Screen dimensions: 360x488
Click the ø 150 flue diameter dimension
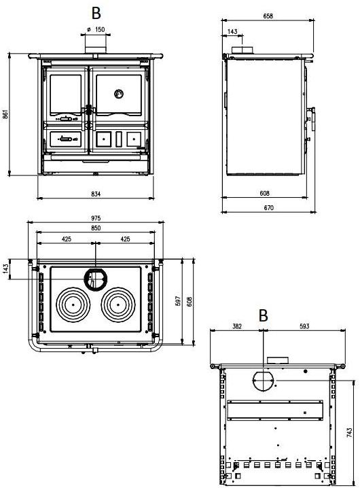tap(96, 30)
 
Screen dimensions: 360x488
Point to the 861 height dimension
tap(5, 114)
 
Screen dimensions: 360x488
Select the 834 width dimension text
tap(96, 194)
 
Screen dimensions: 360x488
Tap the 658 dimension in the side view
tap(268, 16)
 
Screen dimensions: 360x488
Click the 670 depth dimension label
tap(268, 207)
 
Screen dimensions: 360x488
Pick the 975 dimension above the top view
tap(96, 218)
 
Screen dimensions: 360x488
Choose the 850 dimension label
tap(96, 228)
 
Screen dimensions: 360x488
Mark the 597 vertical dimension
tap(178, 301)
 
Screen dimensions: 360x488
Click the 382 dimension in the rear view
tap(237, 326)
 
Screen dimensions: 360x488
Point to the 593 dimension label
tap(304, 326)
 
